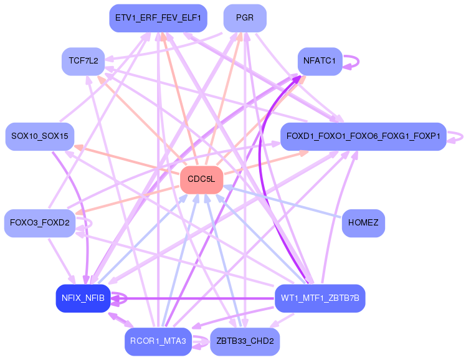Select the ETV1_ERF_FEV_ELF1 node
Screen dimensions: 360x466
158,19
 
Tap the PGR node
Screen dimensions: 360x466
245,18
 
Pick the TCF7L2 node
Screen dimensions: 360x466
83,61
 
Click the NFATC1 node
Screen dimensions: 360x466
320,61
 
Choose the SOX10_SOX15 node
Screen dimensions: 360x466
40,136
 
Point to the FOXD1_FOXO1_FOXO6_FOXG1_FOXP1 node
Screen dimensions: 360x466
363,136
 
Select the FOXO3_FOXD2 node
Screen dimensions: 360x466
40,223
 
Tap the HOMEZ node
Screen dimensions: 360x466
363,223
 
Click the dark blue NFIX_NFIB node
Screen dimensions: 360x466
83,298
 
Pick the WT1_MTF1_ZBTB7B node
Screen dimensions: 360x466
320,298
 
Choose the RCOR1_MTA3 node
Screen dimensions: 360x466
158,341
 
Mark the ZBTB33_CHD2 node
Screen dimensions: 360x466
245,341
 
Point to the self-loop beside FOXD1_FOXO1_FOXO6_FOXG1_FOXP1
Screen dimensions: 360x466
460,136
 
